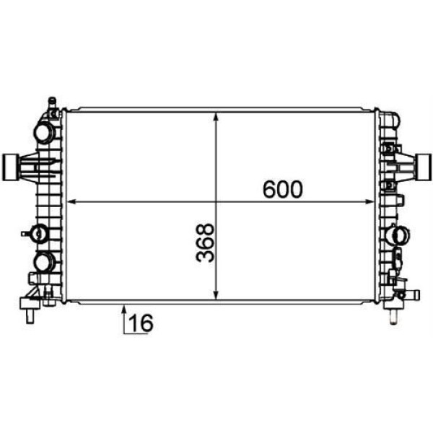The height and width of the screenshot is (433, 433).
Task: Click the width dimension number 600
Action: tap(282, 189)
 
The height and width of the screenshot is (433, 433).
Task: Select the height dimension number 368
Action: tap(205, 242)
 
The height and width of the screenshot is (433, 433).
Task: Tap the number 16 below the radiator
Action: tap(141, 323)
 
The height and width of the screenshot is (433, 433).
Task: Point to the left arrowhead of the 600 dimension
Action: tap(71, 202)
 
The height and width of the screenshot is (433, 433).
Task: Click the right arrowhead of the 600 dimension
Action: tap(369, 202)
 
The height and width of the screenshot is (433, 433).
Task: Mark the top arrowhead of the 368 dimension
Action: tap(216, 116)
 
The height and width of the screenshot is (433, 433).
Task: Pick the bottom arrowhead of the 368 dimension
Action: tap(216, 295)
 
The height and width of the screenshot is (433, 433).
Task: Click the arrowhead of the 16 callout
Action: tap(124, 308)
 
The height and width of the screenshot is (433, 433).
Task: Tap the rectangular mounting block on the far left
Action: tap(9, 167)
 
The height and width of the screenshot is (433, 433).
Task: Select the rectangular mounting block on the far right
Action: tap(424, 167)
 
